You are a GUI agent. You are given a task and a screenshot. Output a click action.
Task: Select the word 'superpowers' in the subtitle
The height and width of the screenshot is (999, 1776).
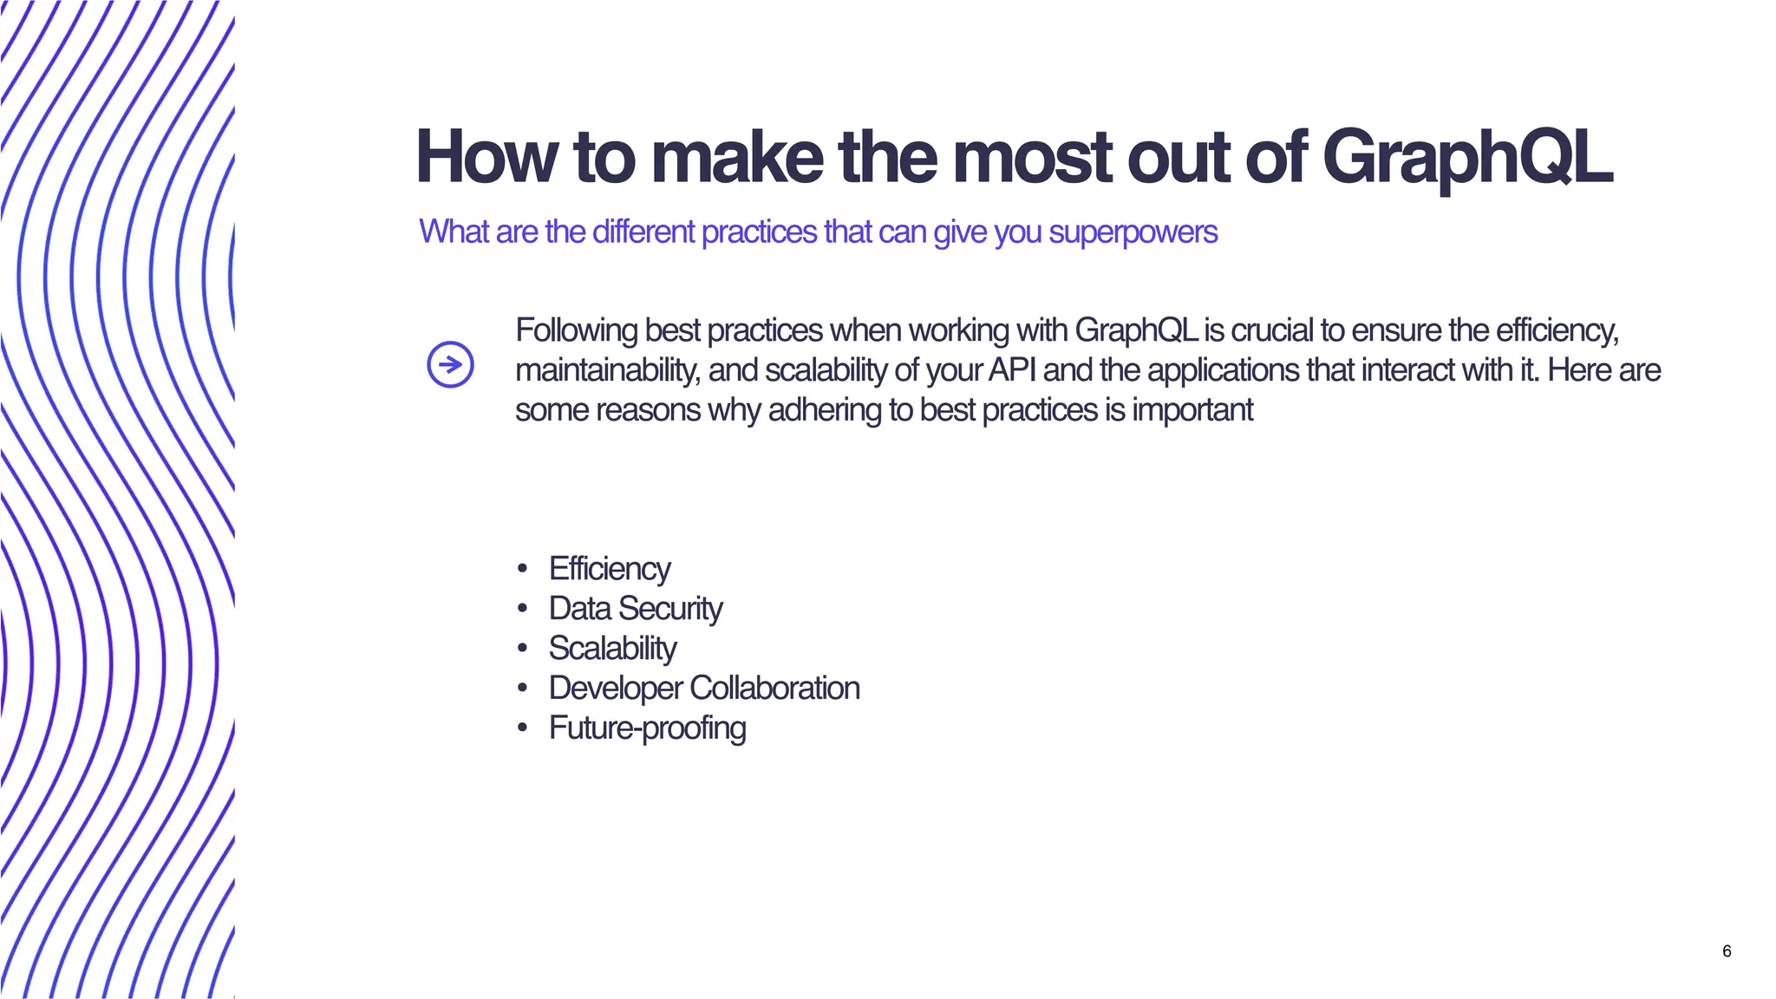(x=1133, y=232)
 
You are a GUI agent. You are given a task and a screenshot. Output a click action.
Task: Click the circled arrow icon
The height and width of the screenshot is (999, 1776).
(x=451, y=364)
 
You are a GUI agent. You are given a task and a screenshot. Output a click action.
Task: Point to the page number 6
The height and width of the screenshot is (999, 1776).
(x=1727, y=951)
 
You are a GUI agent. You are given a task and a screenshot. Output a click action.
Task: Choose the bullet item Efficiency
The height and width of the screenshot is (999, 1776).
(x=610, y=569)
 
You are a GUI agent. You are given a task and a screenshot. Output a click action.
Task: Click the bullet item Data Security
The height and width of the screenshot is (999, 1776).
(x=636, y=609)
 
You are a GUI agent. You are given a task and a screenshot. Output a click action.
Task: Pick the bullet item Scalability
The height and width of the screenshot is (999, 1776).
(x=612, y=649)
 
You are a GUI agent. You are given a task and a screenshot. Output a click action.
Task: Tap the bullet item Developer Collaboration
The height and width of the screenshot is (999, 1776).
(x=704, y=689)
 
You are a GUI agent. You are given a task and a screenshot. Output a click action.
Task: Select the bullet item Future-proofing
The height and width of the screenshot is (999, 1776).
(x=647, y=728)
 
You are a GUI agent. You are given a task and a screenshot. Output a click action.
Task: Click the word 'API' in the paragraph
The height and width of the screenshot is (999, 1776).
(x=1011, y=370)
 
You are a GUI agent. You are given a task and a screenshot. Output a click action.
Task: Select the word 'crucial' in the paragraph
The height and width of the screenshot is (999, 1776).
(x=1271, y=331)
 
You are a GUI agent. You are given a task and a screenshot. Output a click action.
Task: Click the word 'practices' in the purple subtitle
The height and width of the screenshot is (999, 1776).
(x=759, y=232)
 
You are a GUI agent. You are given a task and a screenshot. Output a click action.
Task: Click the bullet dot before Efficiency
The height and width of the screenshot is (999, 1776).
(x=522, y=570)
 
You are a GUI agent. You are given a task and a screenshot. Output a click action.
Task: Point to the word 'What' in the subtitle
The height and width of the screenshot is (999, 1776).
(x=454, y=232)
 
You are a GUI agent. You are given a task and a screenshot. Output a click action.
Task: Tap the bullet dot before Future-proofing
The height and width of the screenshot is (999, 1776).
(x=522, y=728)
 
